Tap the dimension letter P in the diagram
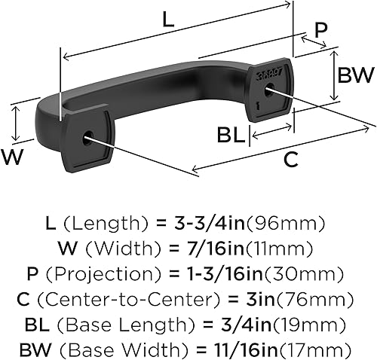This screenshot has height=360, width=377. coord(321,30)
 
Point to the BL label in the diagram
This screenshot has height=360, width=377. coord(230,136)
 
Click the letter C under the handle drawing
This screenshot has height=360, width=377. coord(290,160)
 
